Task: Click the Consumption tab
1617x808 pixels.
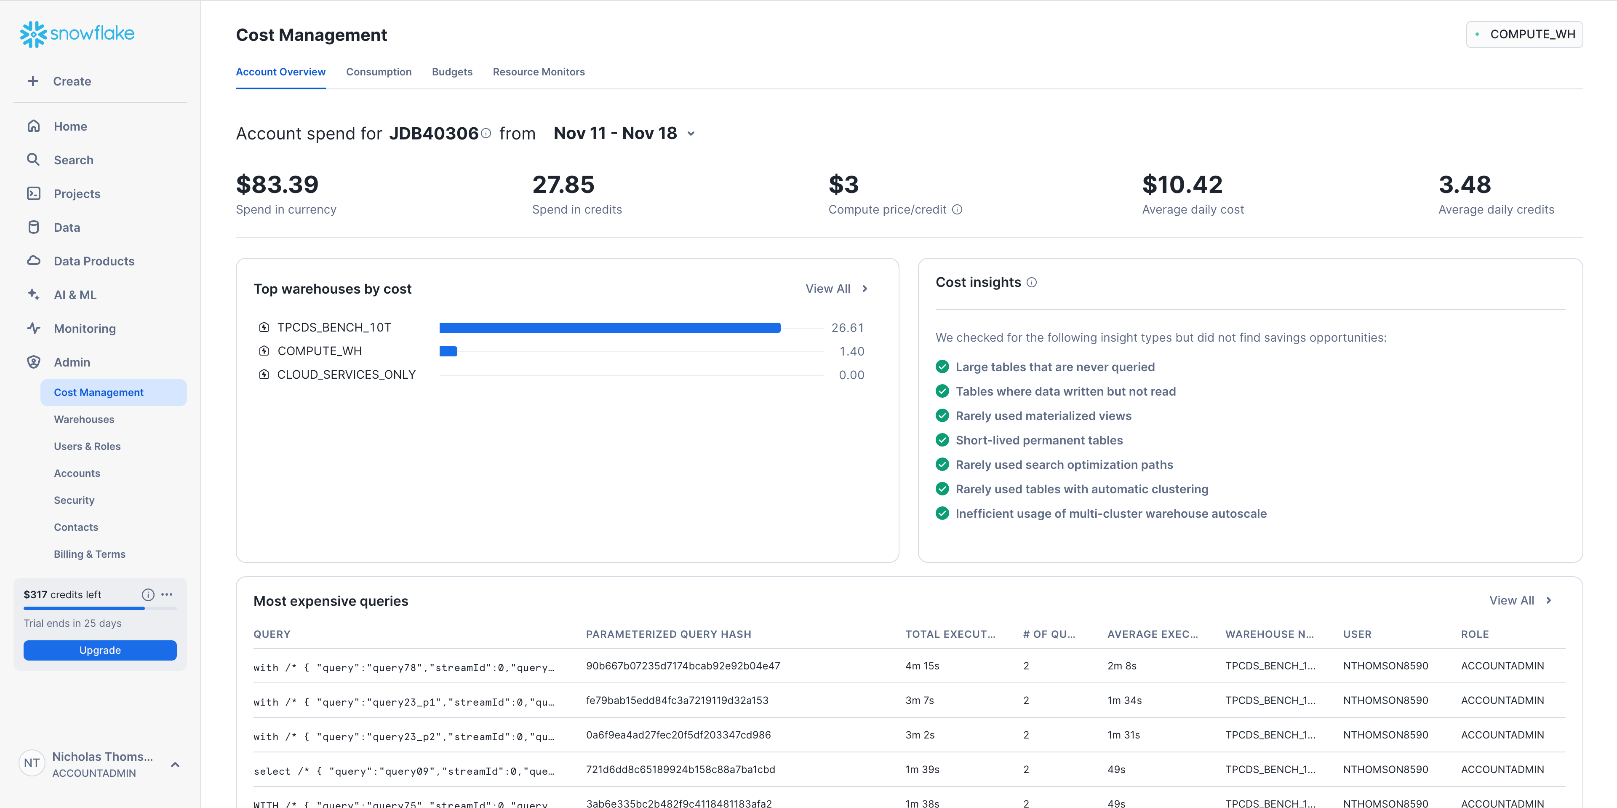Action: pos(379,72)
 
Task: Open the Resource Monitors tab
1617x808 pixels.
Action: pos(539,72)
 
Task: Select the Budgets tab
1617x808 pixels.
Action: pos(452,72)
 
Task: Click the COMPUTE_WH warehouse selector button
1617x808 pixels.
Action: pos(1524,35)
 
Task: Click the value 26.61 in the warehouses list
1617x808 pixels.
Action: pos(847,328)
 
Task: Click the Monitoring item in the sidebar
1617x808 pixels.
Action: pos(85,328)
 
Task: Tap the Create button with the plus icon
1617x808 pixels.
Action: pos(60,81)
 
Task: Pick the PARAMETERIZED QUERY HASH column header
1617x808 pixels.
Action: pos(669,634)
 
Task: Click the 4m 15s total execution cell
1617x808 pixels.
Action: pos(922,666)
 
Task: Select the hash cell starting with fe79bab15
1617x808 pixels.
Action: pos(677,701)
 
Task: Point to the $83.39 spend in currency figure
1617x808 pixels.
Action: pos(278,185)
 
